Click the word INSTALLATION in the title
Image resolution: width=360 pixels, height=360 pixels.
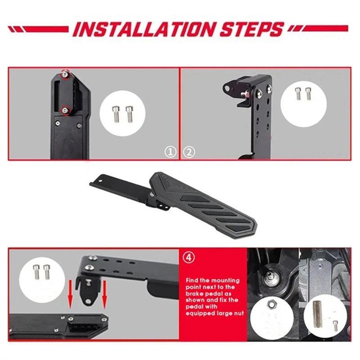click(144, 29)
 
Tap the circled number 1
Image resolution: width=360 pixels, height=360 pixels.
click(171, 152)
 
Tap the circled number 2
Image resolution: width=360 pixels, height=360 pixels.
click(189, 152)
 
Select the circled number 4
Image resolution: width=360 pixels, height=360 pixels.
click(189, 257)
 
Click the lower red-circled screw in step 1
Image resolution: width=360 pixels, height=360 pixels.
click(65, 111)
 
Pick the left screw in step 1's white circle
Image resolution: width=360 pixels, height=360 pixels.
click(116, 114)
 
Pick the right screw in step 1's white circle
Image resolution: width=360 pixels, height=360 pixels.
click(129, 114)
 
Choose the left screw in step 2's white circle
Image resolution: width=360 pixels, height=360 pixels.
click(298, 94)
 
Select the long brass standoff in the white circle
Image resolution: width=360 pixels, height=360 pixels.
click(317, 314)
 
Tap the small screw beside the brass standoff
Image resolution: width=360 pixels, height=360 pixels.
click(335, 325)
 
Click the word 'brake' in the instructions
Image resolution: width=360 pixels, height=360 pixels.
click(195, 294)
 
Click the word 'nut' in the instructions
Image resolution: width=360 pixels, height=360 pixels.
click(238, 313)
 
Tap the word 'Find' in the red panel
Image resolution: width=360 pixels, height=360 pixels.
click(193, 280)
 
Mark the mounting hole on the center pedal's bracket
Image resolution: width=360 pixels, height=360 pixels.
click(100, 180)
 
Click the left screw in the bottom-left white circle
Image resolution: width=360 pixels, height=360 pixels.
click(36, 272)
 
